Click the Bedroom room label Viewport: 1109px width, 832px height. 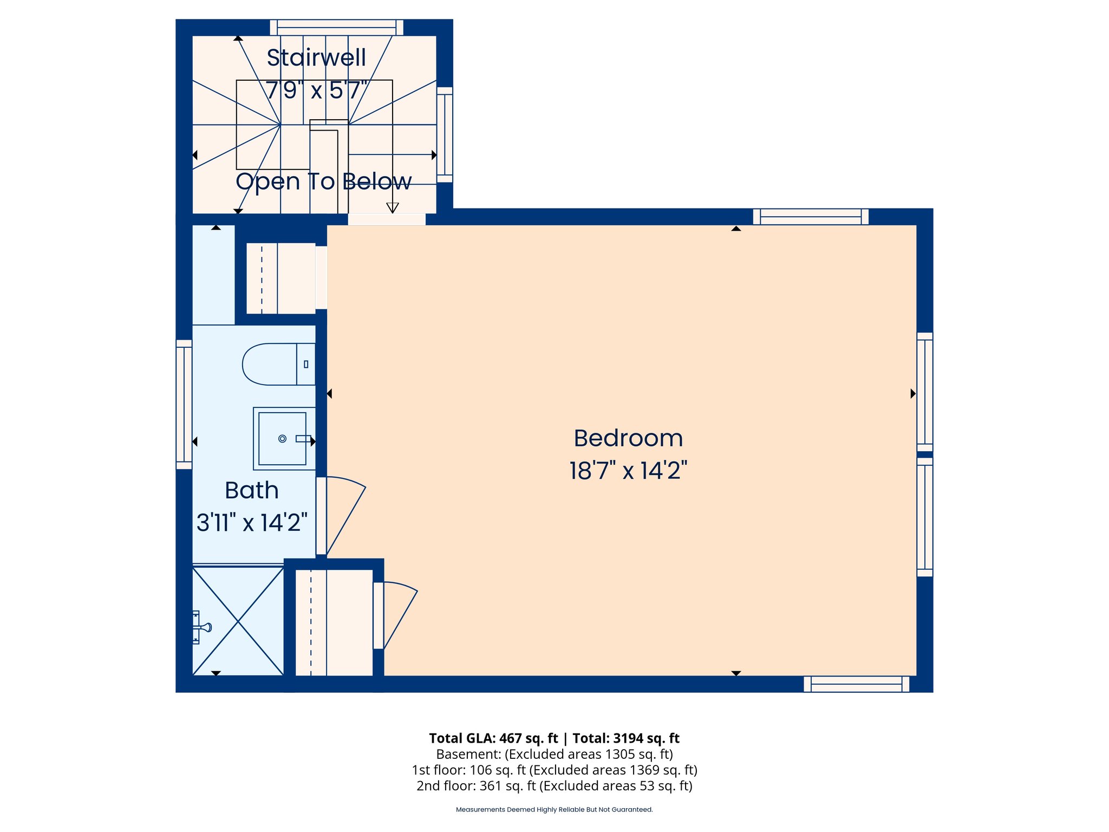628,438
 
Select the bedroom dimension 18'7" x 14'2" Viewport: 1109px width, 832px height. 628,470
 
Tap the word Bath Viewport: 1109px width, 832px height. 252,490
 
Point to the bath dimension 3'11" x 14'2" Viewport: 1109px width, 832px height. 252,523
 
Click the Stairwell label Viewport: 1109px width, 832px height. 316,57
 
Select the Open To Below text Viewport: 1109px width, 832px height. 324,181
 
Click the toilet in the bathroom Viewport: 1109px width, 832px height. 278,364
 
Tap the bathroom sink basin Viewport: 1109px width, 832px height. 282,438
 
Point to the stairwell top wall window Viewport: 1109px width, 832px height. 337,27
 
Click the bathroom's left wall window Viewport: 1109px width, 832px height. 184,404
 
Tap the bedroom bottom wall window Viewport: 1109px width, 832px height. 856,684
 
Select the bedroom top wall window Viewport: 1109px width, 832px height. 811,217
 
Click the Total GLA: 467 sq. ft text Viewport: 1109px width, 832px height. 493,738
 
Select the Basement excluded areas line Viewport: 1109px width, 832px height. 554,754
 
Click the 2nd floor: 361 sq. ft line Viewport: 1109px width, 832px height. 554,785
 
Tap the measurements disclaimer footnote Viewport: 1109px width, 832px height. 554,810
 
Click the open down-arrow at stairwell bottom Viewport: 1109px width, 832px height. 393,207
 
